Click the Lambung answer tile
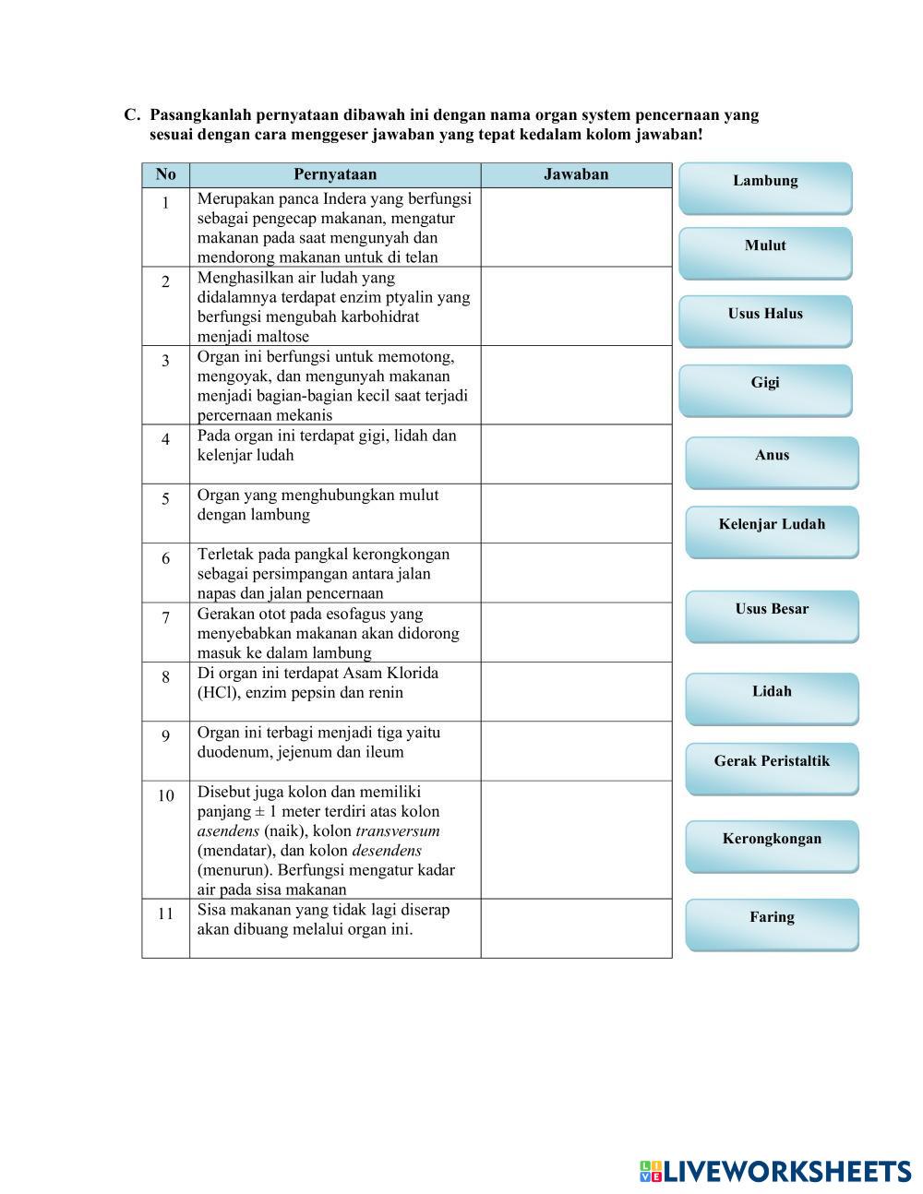click(x=765, y=186)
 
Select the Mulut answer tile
click(x=765, y=251)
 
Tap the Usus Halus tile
click(x=765, y=319)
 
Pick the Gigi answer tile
click(x=765, y=388)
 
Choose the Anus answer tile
click(x=772, y=460)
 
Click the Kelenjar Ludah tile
click(x=772, y=530)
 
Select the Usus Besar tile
click(x=772, y=615)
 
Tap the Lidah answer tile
click(x=772, y=697)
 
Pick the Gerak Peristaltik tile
click(x=772, y=767)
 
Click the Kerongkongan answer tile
click(x=772, y=844)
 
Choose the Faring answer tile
click(x=772, y=923)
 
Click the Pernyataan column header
click(x=335, y=174)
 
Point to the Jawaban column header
click(x=576, y=174)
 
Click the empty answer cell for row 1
click(x=576, y=227)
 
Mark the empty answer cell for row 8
click(x=576, y=691)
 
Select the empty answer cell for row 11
click(x=576, y=927)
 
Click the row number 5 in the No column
click(x=166, y=499)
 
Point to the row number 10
click(x=166, y=795)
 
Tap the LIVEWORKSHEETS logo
click(x=775, y=1171)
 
